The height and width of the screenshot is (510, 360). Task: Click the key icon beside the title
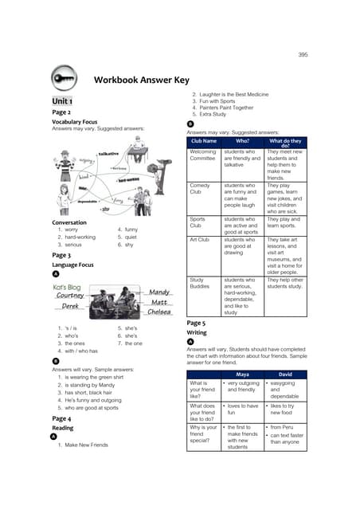click(x=65, y=79)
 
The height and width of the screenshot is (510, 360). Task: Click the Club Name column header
click(x=204, y=141)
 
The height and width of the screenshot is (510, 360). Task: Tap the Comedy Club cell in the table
click(x=202, y=188)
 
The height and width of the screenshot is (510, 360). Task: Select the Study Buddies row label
click(x=202, y=284)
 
